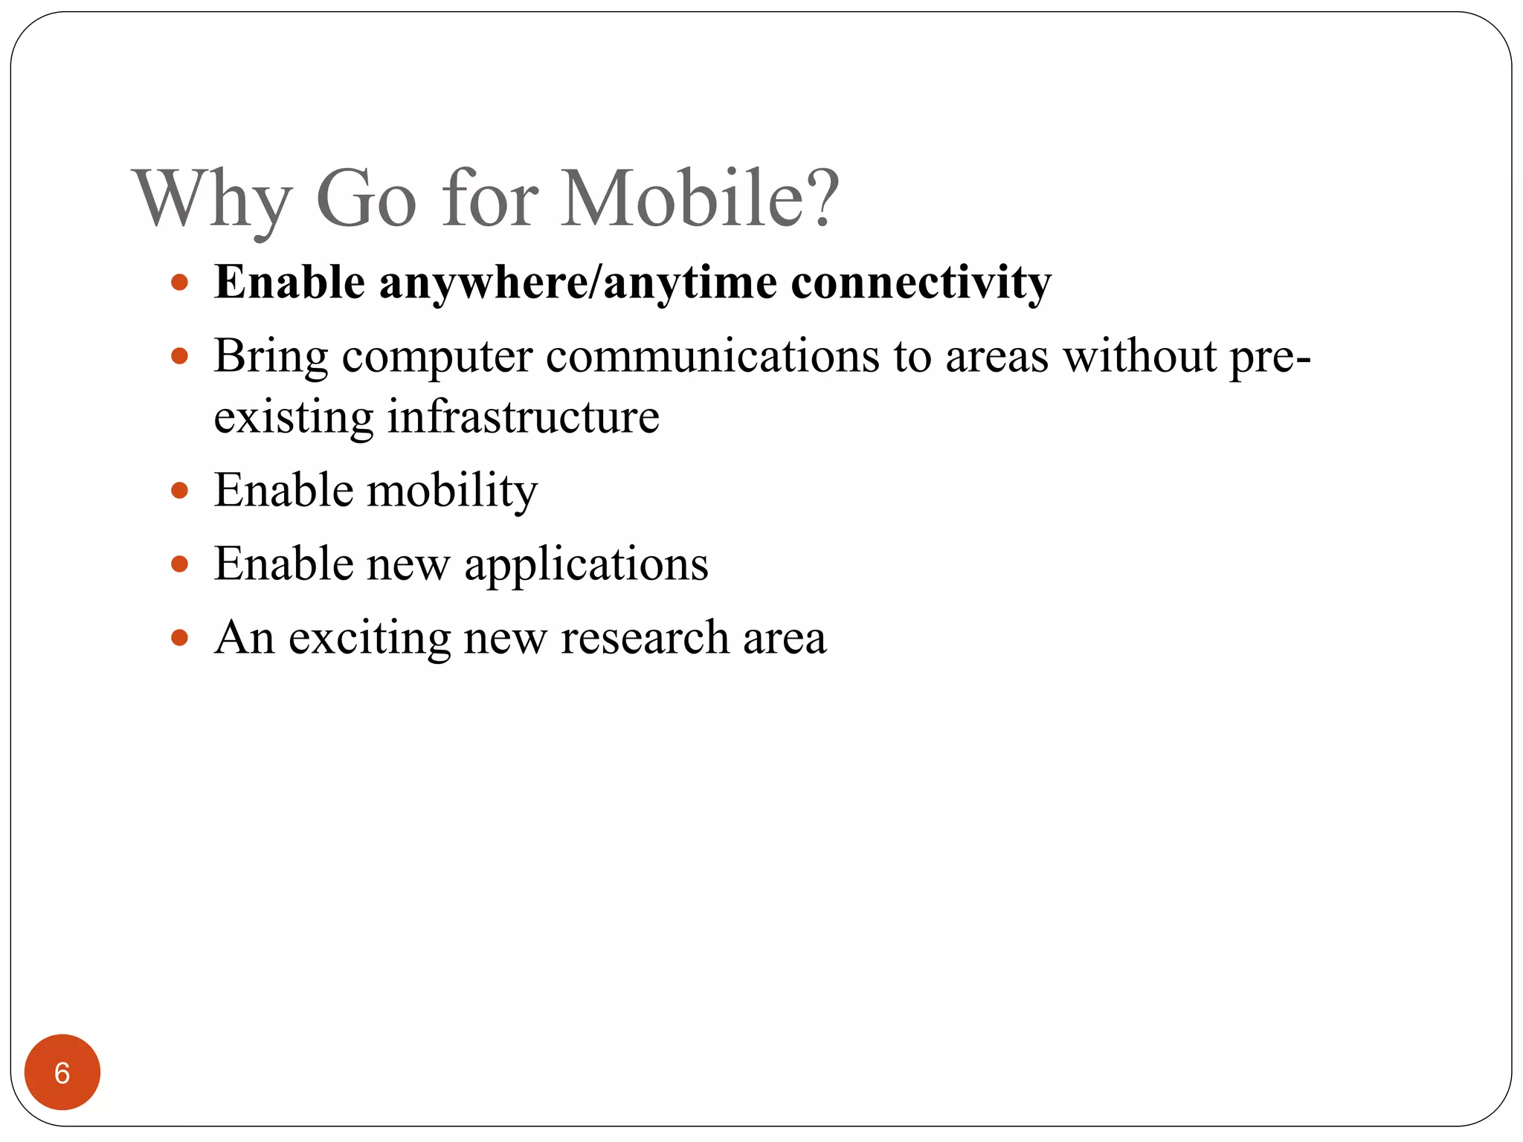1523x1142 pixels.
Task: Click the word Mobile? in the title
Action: pos(700,199)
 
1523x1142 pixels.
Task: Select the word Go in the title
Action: pos(365,199)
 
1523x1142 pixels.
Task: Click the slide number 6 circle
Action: pos(62,1072)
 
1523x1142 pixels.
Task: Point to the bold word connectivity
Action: pos(921,283)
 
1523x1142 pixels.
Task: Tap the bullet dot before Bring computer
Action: pos(179,356)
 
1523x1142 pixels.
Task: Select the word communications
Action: pos(712,356)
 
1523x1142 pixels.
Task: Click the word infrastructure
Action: pos(523,416)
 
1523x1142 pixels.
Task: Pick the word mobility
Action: pos(452,491)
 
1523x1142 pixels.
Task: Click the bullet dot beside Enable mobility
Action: pos(179,491)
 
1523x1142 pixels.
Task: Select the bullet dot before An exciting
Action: pos(179,637)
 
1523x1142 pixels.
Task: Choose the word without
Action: pos(1139,356)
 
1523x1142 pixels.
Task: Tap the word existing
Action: pos(293,418)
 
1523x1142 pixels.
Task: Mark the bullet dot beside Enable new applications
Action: pos(179,564)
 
